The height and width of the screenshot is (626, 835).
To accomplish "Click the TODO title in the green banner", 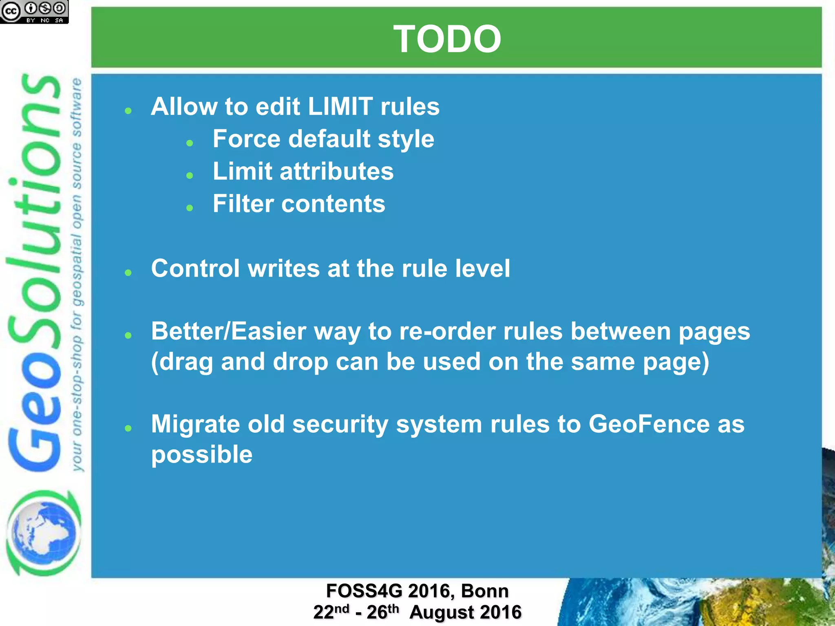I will coord(447,39).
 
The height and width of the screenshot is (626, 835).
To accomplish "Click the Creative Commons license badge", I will coord(34,12).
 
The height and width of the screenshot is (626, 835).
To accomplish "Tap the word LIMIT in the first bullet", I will coord(340,107).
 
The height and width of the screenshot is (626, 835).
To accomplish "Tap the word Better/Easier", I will coord(228,331).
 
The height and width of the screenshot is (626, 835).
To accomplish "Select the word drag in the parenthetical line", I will coord(186,362).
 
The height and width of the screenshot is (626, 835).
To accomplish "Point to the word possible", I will coord(202,455).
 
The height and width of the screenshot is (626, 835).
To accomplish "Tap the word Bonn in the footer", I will coord(485,591).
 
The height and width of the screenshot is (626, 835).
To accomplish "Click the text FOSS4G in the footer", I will coord(364,591).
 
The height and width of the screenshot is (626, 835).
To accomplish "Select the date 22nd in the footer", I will coord(331,612).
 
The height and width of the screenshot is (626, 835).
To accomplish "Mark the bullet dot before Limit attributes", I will coord(190,176).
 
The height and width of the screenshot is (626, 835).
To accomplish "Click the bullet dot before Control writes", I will coord(128,273).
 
